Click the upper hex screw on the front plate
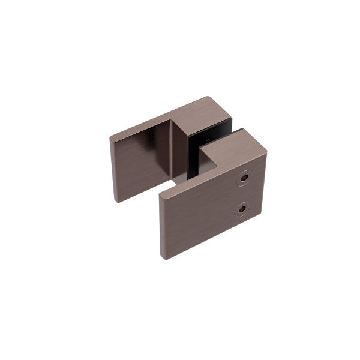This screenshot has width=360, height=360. pyautogui.click(x=245, y=178)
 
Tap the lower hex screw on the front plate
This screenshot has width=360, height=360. pyautogui.click(x=241, y=209)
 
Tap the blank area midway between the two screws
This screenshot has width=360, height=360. pyautogui.click(x=243, y=193)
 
